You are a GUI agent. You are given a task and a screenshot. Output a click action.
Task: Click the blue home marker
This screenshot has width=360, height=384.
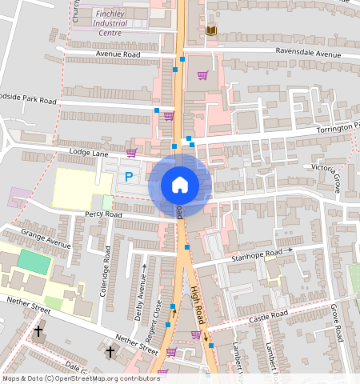[180, 185]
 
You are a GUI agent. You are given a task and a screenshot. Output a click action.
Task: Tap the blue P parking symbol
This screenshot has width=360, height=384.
[128, 176]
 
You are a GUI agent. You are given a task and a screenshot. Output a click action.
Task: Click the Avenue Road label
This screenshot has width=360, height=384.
[118, 54]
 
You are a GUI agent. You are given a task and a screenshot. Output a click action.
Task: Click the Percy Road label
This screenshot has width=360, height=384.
[102, 214]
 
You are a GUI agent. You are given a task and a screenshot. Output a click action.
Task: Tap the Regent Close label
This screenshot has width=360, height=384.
[158, 317]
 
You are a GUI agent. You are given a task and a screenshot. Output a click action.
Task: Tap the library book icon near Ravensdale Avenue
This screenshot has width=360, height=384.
[211, 30]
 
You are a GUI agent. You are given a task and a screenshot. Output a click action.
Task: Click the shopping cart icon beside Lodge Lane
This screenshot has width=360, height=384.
[131, 152]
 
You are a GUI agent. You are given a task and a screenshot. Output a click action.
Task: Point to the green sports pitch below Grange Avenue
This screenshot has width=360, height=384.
[33, 260]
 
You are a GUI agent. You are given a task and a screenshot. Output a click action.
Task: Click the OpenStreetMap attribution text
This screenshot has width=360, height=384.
[80, 378]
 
